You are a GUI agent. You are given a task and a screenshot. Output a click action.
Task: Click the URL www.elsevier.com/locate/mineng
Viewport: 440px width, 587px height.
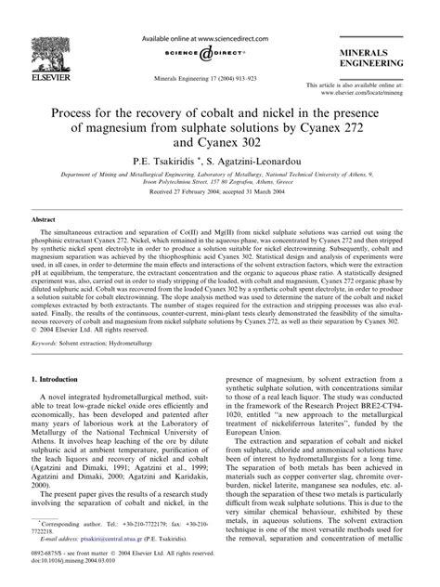tap(375, 94)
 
